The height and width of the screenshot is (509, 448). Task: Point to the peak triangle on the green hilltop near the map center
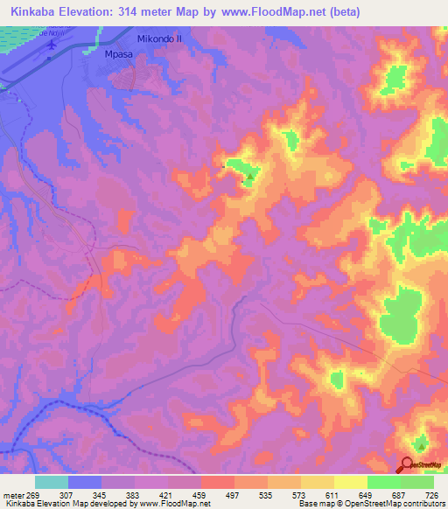pyautogui.click(x=250, y=178)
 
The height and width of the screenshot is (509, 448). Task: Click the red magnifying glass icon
pyautogui.click(x=408, y=465)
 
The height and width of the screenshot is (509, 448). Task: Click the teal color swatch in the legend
pyautogui.click(x=52, y=483)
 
